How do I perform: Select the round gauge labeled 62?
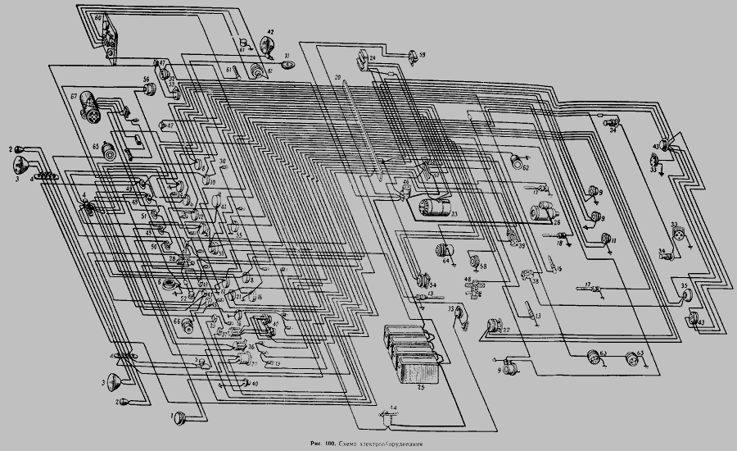click(x=517, y=162)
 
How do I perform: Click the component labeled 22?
click(x=494, y=326)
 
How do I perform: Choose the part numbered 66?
click(x=189, y=326)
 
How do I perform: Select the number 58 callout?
click(x=484, y=266)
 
